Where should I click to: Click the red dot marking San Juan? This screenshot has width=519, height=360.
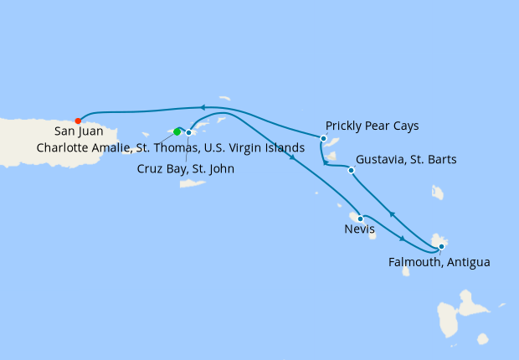[x=78, y=121]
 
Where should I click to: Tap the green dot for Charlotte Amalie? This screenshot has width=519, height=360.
[x=177, y=131]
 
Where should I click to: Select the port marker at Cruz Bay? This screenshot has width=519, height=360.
[x=189, y=132]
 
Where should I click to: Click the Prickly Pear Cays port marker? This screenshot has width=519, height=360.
[x=323, y=139]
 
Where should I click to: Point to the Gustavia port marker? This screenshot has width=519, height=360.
[x=351, y=171]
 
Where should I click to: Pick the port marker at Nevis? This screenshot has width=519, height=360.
[x=360, y=219]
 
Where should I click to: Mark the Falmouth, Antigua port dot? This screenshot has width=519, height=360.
[x=441, y=247]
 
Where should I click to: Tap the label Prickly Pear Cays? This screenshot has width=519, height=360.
[x=372, y=126]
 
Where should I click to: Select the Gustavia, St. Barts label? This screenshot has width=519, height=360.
[x=406, y=160]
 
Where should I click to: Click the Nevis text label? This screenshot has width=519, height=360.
[x=359, y=229]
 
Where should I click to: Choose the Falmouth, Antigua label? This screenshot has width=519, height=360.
[x=439, y=262]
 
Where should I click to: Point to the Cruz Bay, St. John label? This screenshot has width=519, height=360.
[x=185, y=168]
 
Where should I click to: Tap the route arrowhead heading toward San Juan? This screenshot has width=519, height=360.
[x=202, y=107]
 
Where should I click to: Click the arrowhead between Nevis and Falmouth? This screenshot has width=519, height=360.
[x=402, y=239]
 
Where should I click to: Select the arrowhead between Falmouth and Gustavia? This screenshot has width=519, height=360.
[x=392, y=215]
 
